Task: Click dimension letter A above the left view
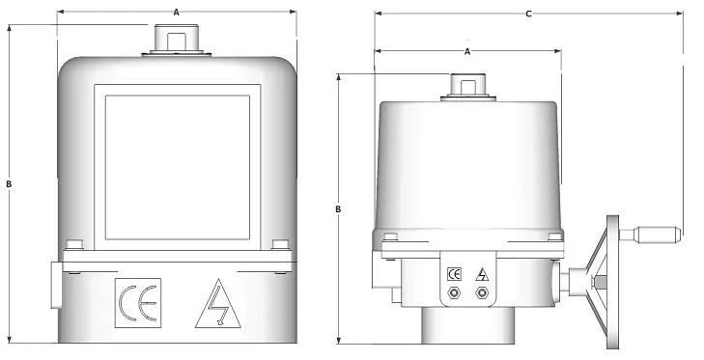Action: (x=175, y=12)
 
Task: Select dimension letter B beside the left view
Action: (x=9, y=183)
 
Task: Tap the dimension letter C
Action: (x=527, y=14)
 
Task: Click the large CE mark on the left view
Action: (x=136, y=301)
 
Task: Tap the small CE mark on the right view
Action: (x=455, y=273)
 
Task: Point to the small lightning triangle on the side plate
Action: (x=481, y=274)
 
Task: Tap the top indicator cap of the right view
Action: (x=467, y=86)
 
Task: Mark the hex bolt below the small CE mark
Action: (x=455, y=293)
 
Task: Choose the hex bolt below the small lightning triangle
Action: (x=481, y=293)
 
